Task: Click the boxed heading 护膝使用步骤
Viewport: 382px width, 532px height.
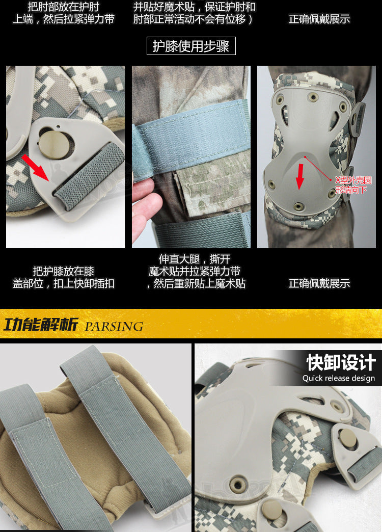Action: point(191,46)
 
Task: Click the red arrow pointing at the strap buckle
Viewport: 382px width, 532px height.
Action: point(35,167)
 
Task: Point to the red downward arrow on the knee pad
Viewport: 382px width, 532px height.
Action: point(299,176)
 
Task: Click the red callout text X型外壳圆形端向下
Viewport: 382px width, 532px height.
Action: point(353,184)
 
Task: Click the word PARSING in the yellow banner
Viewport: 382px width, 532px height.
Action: point(114,327)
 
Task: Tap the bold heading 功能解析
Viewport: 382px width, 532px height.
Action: point(41,325)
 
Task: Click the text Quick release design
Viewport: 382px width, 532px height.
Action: point(339,378)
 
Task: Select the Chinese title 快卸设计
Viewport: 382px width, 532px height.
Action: point(341,363)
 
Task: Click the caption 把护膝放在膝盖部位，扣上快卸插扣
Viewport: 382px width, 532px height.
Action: point(64,277)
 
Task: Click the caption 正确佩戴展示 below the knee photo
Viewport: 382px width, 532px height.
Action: point(319,283)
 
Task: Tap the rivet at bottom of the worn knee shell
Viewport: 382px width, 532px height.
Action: point(298,206)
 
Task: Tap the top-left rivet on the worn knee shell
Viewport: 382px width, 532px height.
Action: point(280,100)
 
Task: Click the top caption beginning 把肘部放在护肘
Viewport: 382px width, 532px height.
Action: point(64,13)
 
